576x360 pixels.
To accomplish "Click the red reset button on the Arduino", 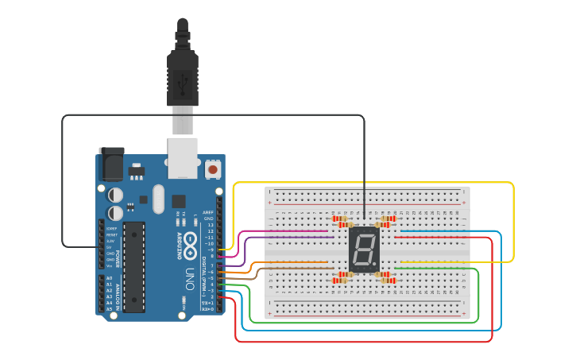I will (x=213, y=169).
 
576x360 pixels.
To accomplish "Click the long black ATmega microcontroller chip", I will (x=134, y=266).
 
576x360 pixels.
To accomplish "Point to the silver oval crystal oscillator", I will (x=157, y=199).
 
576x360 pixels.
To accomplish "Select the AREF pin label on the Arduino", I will (x=208, y=212).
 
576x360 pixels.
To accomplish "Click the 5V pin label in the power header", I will (x=110, y=247).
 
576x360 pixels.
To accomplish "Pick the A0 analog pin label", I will (x=109, y=278).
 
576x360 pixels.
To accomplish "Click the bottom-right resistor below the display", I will (x=388, y=281).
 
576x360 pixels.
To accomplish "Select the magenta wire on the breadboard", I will (x=286, y=231).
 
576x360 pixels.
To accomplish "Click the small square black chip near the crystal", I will (x=179, y=201).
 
